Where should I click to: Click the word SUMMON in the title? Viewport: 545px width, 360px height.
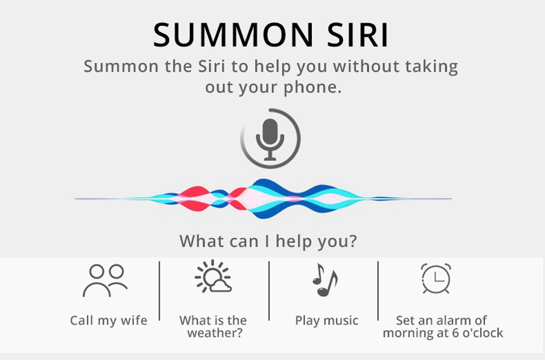[x=233, y=35]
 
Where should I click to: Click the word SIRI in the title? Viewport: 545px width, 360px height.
[x=358, y=35]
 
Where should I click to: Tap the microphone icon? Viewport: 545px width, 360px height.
[x=270, y=139]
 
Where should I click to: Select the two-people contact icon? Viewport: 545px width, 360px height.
[x=105, y=280]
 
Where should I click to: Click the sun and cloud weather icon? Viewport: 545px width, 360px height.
[x=213, y=277]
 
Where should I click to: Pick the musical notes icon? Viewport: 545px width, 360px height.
[x=325, y=280]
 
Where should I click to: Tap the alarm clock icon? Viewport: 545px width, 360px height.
[x=436, y=278]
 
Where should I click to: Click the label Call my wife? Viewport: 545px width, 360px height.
[x=108, y=320]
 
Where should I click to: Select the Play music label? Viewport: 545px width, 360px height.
[x=326, y=320]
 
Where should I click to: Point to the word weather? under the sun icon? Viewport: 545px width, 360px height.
[x=215, y=333]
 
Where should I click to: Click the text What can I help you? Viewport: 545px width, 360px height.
[x=268, y=241]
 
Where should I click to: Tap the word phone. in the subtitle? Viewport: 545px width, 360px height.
[x=313, y=87]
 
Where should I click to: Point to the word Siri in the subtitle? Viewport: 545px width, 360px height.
[x=211, y=66]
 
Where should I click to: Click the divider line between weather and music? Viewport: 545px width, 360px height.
[x=269, y=291]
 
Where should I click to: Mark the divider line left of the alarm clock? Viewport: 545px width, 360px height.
[x=378, y=291]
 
